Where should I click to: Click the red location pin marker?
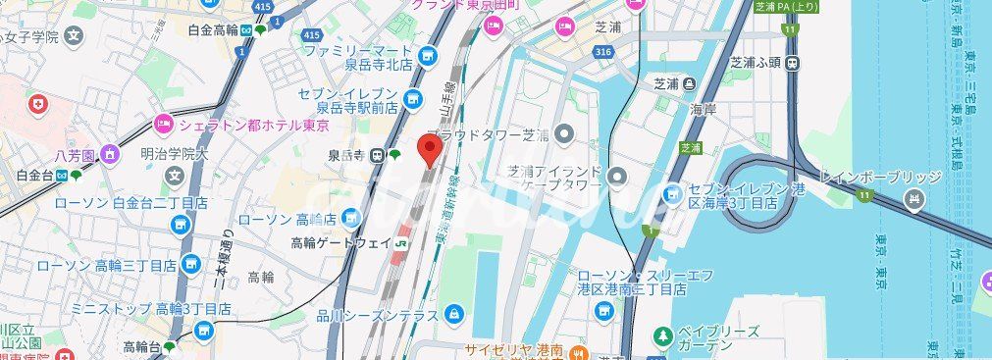coord(428,150)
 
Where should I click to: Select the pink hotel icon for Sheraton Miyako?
coord(163,124)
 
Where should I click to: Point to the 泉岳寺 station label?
coord(347,155)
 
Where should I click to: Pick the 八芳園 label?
coord(74,155)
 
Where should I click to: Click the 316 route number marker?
coord(603,51)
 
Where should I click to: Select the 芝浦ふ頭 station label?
coord(754,63)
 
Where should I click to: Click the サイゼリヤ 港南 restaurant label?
coord(513,349)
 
